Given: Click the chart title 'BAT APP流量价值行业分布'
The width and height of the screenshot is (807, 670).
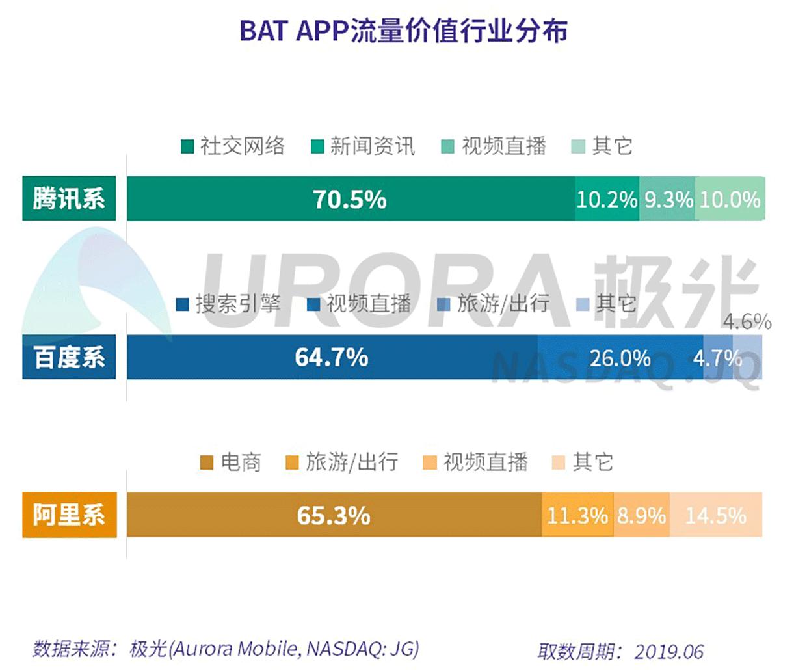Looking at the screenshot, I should [403, 31].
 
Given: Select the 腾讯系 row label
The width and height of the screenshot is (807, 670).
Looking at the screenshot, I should [69, 198].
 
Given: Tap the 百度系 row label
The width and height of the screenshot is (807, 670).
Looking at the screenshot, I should [69, 357].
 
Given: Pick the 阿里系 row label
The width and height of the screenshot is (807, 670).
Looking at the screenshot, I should [69, 515].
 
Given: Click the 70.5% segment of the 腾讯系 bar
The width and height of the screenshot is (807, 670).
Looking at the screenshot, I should [350, 199].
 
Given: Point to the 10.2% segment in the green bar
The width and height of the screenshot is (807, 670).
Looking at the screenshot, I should [607, 199].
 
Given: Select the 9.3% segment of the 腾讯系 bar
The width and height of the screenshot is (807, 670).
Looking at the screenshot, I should [668, 199].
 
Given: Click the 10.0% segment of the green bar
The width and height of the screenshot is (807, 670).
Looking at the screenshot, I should [730, 199].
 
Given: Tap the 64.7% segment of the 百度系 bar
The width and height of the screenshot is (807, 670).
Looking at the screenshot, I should [332, 357].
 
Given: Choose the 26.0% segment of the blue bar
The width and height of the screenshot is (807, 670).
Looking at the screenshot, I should [620, 358].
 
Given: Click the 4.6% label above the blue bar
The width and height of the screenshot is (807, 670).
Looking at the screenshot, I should [747, 321].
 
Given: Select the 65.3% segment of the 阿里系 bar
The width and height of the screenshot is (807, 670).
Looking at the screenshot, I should [334, 515].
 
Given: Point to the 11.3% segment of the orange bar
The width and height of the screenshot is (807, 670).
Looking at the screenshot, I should [577, 516].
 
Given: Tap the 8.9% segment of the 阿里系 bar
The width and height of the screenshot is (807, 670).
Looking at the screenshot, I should [641, 516].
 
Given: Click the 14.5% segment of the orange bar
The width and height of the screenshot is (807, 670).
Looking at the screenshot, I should [715, 516].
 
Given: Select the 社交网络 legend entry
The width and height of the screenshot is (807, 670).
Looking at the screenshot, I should [233, 146].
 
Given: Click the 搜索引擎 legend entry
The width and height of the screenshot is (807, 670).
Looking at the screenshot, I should [229, 304].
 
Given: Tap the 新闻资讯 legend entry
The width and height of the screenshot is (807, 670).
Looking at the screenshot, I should [363, 146].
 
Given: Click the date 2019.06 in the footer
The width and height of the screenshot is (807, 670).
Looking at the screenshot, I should [669, 651].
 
